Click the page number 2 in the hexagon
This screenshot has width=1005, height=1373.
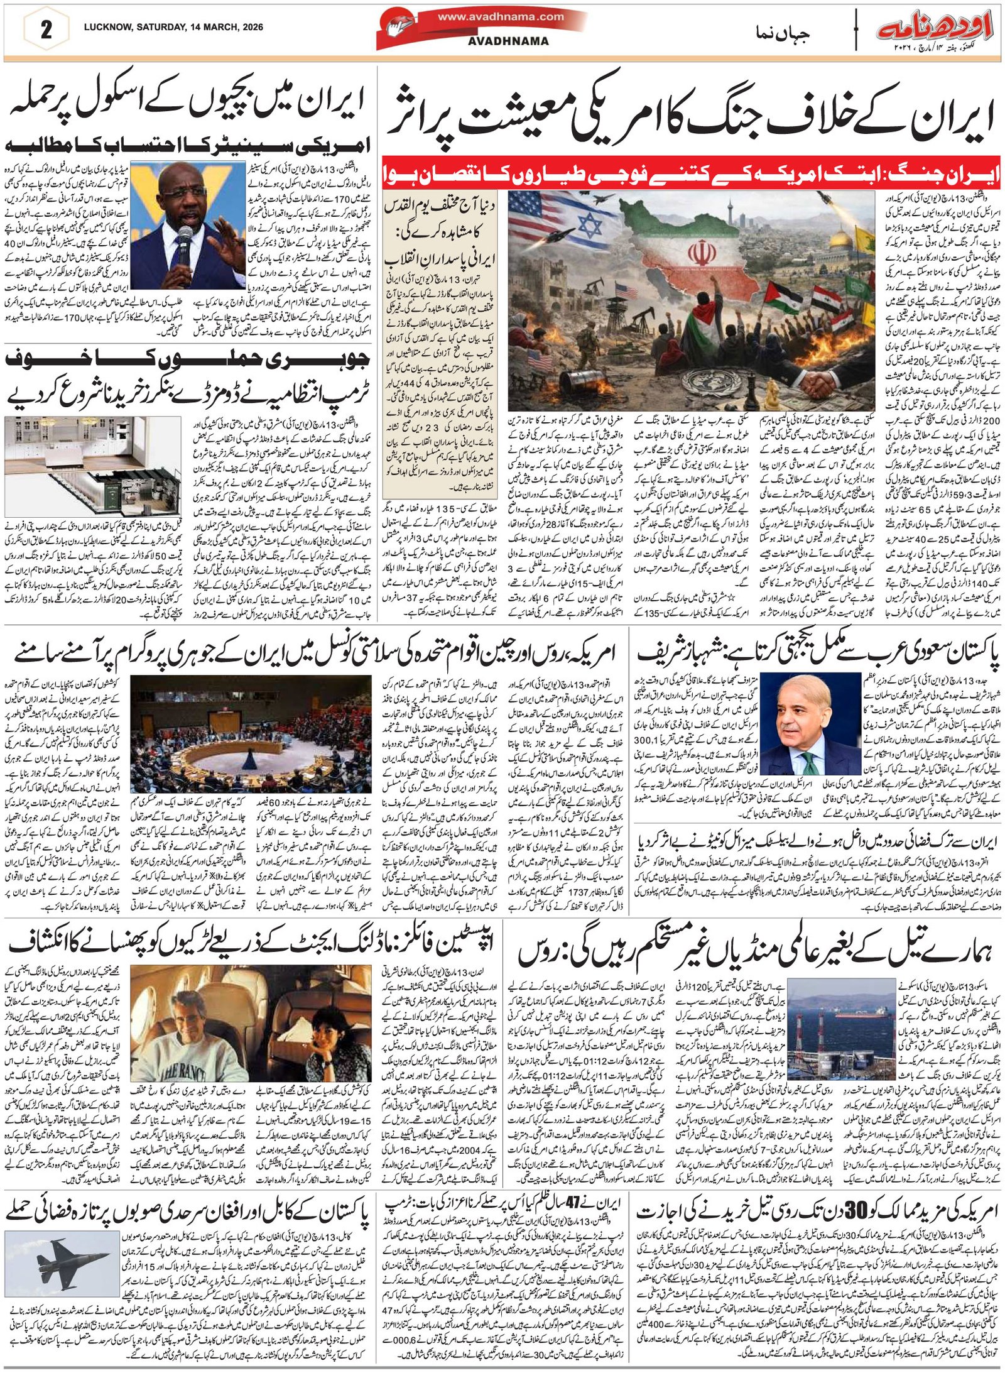(46, 30)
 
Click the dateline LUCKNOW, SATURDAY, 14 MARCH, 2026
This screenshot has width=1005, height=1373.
(173, 27)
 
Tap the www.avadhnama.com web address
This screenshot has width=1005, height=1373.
(501, 17)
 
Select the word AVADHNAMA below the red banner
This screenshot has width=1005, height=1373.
(508, 41)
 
